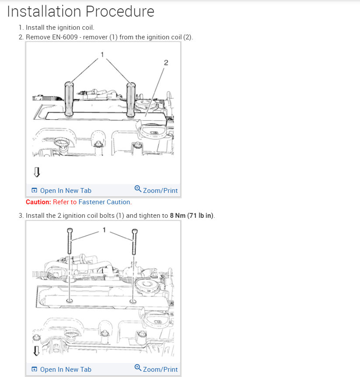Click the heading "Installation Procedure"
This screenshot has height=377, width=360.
tap(80, 11)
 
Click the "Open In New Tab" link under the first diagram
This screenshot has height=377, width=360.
tap(65, 191)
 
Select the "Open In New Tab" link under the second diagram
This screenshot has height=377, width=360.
tap(65, 370)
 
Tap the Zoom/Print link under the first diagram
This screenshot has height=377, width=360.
tap(160, 191)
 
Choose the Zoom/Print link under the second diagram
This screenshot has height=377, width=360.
tap(160, 370)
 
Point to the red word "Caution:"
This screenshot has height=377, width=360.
tap(38, 202)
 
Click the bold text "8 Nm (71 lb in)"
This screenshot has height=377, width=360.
tap(192, 216)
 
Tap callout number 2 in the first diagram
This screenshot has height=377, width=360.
tap(166, 63)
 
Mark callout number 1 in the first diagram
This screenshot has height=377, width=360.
tap(102, 54)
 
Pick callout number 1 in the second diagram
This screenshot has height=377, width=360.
tap(105, 230)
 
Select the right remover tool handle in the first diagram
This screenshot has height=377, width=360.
tap(130, 98)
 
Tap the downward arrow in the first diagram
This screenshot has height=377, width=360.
tap(37, 172)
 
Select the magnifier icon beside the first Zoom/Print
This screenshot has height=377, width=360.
tap(138, 189)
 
